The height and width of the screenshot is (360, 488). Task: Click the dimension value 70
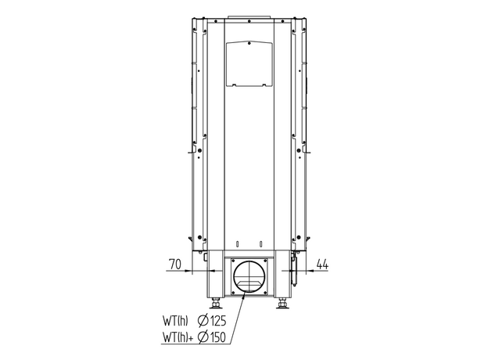click(x=175, y=264)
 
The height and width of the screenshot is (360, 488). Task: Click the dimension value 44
click(x=322, y=264)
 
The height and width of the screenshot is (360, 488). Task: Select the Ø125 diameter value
click(x=212, y=321)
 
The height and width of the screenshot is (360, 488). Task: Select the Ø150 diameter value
click(x=212, y=337)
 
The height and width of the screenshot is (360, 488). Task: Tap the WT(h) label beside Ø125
click(x=175, y=321)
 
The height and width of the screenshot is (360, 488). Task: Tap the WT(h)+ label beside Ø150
click(x=178, y=337)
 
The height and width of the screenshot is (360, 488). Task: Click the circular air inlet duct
click(x=249, y=276)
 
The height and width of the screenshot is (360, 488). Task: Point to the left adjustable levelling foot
click(x=215, y=303)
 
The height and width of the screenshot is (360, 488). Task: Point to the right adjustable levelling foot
click(x=282, y=303)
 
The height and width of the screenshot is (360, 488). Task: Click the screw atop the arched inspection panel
click(x=249, y=43)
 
